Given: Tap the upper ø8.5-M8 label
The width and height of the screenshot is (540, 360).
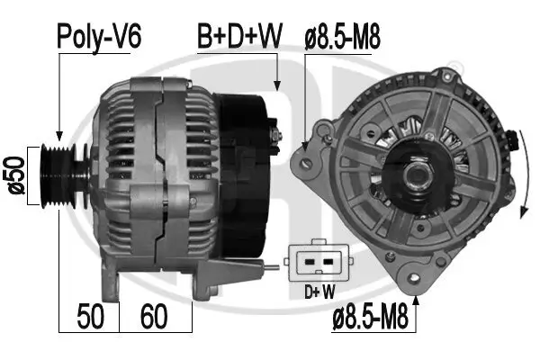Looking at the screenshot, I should [x=343, y=37].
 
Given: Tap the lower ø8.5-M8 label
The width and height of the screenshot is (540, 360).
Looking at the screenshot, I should [x=370, y=318].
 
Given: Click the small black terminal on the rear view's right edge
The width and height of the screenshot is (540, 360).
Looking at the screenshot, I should [x=515, y=140].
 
